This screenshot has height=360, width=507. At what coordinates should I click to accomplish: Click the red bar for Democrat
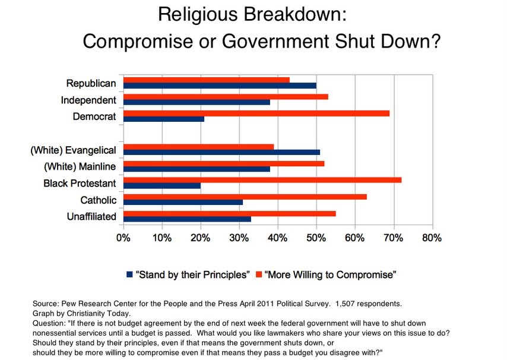tap(256, 113)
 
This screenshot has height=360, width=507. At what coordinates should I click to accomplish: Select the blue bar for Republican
tap(220, 86)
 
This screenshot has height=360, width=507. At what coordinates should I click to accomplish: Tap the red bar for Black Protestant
tap(262, 179)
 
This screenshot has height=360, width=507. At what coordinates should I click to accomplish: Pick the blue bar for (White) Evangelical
tap(222, 152)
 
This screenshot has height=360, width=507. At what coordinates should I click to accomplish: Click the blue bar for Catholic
tap(183, 202)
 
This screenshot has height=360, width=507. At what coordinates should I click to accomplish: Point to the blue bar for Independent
tap(197, 102)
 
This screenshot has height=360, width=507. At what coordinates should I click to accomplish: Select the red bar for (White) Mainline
tap(224, 163)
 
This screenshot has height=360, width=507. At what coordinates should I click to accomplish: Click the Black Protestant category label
tap(80, 183)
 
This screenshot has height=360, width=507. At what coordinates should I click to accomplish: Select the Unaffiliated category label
tap(91, 216)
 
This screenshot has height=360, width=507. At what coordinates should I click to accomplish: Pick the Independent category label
tap(88, 99)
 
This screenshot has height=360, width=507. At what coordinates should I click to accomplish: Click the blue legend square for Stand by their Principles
tap(129, 274)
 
